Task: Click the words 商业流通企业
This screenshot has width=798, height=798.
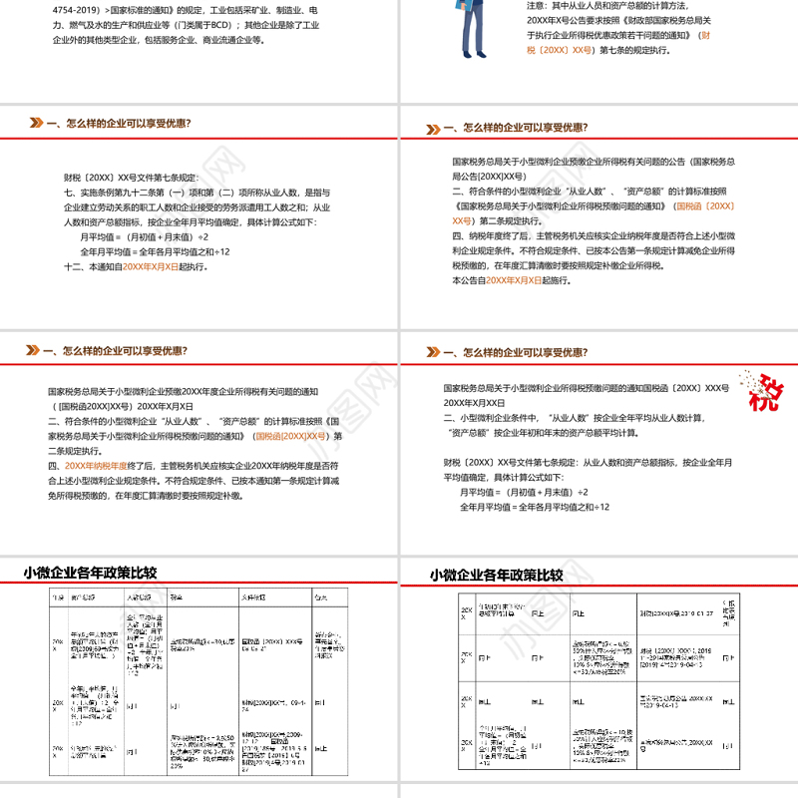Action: point(228,41)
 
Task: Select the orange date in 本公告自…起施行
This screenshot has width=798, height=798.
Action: point(514,281)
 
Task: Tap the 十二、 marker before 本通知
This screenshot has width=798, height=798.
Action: point(74,267)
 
